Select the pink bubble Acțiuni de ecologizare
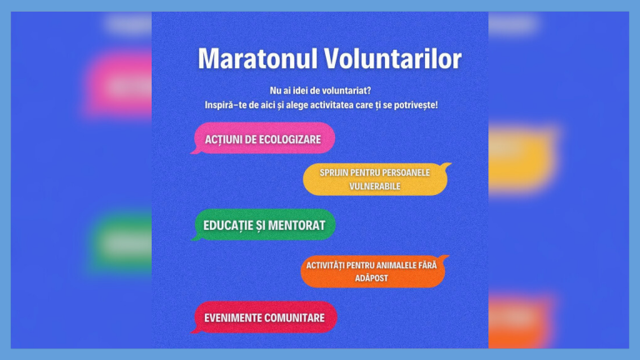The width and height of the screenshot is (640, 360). click(x=263, y=139)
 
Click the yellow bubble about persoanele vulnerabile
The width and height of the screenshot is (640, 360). click(x=376, y=179)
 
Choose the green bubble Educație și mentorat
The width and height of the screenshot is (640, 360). click(x=265, y=225)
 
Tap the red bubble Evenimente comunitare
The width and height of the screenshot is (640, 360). click(x=265, y=317)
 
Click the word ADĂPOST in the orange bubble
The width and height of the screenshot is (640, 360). click(x=371, y=278)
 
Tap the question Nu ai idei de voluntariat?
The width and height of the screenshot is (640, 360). click(x=320, y=89)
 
